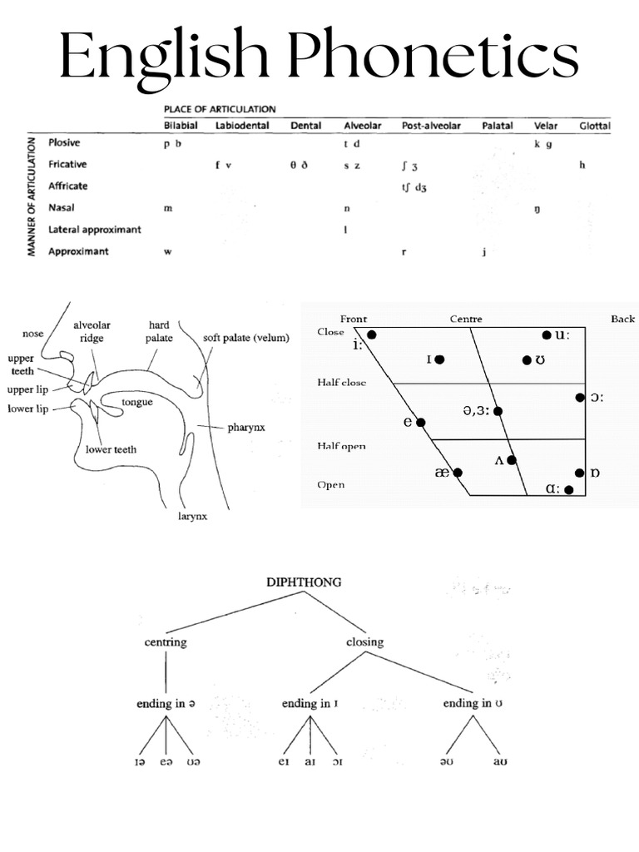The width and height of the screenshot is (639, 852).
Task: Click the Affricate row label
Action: coord(68,186)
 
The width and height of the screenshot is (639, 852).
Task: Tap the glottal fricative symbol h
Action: coord(582,165)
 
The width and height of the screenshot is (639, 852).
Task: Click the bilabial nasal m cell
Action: coord(168,208)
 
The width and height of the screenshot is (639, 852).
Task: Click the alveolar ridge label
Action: coord(92,332)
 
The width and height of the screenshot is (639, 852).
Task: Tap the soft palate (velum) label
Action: coord(245,338)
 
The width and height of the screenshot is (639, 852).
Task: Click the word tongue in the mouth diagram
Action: coord(137,402)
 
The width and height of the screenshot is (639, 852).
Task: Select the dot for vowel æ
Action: coord(458,472)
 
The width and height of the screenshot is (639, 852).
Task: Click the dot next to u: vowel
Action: coord(547,335)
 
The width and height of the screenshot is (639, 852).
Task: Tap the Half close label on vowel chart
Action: coord(342,383)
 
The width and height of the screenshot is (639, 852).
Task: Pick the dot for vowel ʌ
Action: coord(512,460)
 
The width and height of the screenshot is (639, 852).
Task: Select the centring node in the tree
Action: coord(166,641)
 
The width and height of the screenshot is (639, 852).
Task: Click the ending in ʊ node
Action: coord(472,703)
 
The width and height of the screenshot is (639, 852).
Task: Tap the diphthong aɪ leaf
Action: coord(310,760)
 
